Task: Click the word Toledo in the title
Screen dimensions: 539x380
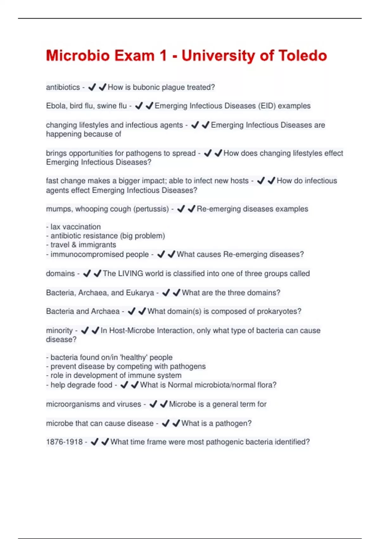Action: [302, 55]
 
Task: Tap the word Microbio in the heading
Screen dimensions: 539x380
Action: [78, 55]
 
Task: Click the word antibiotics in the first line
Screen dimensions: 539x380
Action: [63, 87]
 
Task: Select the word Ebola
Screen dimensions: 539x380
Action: [56, 106]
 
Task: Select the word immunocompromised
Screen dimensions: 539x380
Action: [99, 254]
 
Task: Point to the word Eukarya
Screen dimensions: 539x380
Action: [140, 293]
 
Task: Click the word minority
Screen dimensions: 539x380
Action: [59, 330]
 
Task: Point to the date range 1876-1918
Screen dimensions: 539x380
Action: [64, 442]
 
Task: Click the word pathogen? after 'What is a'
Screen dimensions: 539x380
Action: [233, 423]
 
